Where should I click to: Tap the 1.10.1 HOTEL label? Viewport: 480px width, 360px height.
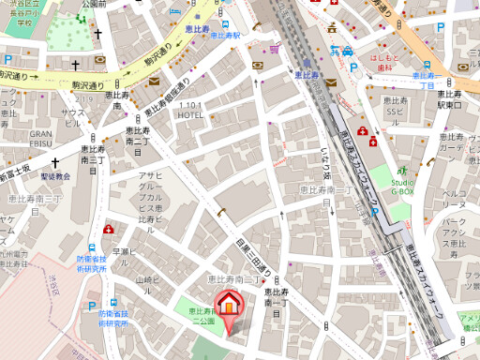pos(190,109)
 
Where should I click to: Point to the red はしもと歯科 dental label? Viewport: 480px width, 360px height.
pos(386,60)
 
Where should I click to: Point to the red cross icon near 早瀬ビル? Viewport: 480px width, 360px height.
pos(109,230)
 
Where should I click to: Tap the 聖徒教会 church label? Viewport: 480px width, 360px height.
pos(55,175)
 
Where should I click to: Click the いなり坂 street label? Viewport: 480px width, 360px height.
pos(327,163)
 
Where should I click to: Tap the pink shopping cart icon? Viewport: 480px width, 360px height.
pos(275,49)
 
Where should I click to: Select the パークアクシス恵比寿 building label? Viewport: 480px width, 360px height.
pos(455,234)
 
